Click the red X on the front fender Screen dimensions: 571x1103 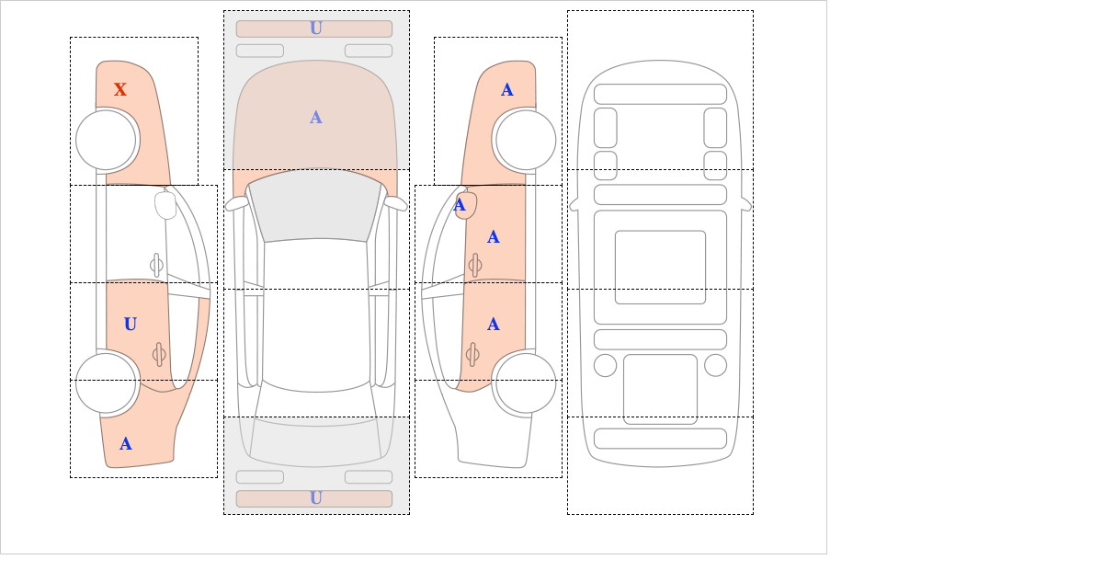click(x=120, y=89)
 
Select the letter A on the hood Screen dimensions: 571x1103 click(x=315, y=118)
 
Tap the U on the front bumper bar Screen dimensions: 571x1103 click(x=315, y=29)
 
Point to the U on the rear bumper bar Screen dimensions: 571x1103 click(x=315, y=497)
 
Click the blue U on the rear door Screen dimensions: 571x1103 click(x=130, y=324)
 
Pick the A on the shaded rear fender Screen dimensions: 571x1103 click(x=126, y=443)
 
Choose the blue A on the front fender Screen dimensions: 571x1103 click(x=506, y=89)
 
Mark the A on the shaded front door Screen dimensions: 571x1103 click(x=494, y=237)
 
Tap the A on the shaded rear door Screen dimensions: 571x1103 click(x=494, y=324)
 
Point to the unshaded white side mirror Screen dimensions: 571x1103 click(x=165, y=205)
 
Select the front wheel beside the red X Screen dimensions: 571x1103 click(x=107, y=140)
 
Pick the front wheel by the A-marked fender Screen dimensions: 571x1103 click(x=525, y=140)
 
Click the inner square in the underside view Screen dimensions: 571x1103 click(x=660, y=267)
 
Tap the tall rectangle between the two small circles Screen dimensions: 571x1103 click(x=660, y=388)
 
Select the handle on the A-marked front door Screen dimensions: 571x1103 click(x=474, y=265)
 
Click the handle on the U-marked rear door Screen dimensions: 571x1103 click(x=159, y=354)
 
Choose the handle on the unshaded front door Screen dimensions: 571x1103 click(x=156, y=265)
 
